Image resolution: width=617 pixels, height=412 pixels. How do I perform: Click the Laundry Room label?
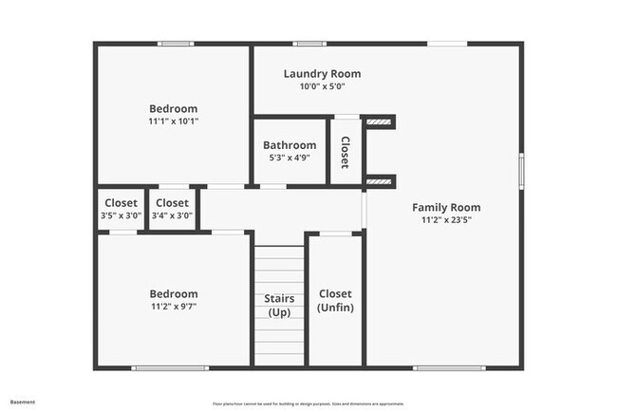pyautogui.click(x=322, y=73)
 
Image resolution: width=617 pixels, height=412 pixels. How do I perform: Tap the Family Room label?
pyautogui.click(x=445, y=207)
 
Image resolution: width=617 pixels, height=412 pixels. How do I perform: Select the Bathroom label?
pyautogui.click(x=290, y=145)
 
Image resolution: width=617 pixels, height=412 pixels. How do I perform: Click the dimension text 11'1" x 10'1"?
pyautogui.click(x=173, y=122)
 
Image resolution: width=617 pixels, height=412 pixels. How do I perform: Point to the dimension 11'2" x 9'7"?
pyautogui.click(x=173, y=307)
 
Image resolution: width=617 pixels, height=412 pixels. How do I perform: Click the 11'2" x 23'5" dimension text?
pyautogui.click(x=445, y=219)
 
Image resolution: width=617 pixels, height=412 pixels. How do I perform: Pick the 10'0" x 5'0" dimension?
pyautogui.click(x=322, y=86)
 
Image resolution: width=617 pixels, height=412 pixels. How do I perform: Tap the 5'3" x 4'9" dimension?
pyautogui.click(x=290, y=158)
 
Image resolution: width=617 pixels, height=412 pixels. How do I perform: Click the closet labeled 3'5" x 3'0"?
pyautogui.click(x=121, y=209)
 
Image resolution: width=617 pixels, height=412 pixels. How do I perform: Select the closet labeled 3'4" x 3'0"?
pyautogui.click(x=172, y=209)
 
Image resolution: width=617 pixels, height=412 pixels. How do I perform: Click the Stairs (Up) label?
pyautogui.click(x=279, y=306)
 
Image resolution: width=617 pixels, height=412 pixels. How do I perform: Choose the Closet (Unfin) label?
pyautogui.click(x=335, y=301)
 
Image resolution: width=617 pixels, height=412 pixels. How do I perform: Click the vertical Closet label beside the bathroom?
pyautogui.click(x=345, y=152)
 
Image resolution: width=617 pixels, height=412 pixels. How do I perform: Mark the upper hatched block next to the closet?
pyautogui.click(x=380, y=122)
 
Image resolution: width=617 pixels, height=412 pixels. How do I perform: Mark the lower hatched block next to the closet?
pyautogui.click(x=380, y=181)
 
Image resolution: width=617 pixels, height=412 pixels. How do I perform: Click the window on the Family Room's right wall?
pyautogui.click(x=520, y=172)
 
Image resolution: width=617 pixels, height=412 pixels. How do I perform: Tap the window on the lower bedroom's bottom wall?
pyautogui.click(x=170, y=367)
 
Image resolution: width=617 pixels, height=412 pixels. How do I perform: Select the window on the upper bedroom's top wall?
pyautogui.click(x=177, y=44)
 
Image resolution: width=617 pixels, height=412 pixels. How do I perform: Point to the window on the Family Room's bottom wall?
pyautogui.click(x=449, y=367)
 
